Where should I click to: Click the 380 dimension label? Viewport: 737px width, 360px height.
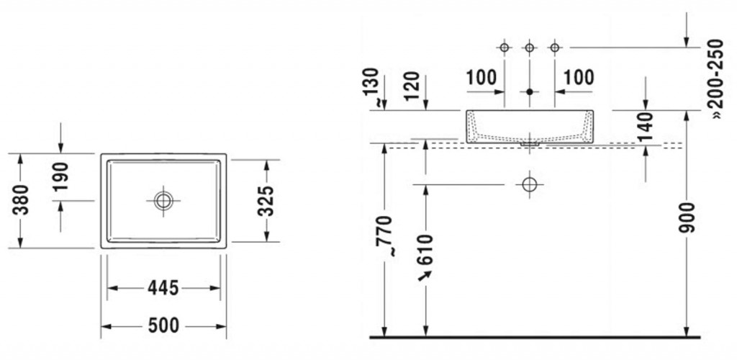[21, 199]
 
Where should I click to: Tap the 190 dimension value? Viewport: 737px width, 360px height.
[61, 176]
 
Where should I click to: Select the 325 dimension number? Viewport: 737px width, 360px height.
[266, 201]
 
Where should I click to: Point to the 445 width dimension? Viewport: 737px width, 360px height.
[163, 287]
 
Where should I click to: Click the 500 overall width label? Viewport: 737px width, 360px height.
[163, 325]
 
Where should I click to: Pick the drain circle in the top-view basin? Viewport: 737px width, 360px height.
[163, 201]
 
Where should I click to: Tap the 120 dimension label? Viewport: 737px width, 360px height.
[412, 86]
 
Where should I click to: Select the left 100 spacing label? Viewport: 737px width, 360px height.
[481, 77]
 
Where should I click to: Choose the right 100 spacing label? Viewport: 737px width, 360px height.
[579, 77]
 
